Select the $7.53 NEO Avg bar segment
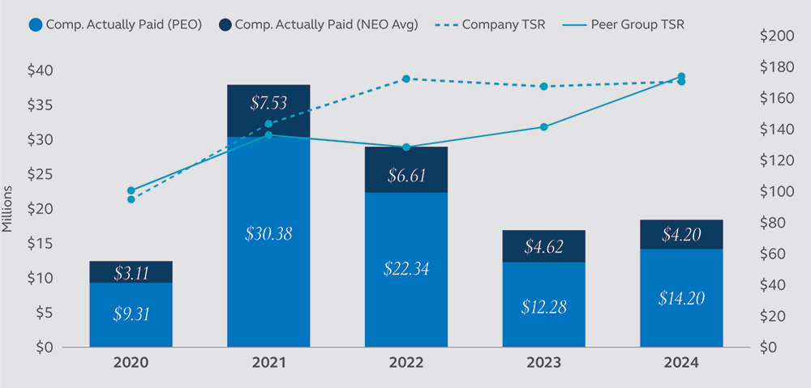(268, 103)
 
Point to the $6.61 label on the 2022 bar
(406, 176)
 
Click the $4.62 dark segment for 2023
(544, 246)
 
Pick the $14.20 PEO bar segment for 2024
(682, 298)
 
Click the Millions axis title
(9, 209)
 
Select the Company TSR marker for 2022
(406, 79)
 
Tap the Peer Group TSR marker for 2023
(544, 127)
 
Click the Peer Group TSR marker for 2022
(406, 147)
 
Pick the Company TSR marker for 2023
(544, 86)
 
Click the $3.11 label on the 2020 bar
(131, 273)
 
